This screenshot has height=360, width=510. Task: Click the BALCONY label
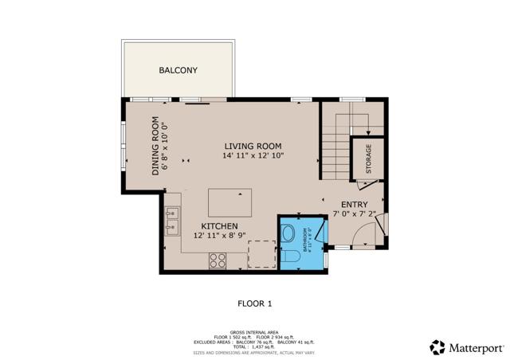click(x=178, y=71)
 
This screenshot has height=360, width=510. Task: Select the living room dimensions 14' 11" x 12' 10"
click(x=253, y=156)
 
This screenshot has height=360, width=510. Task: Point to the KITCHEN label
click(x=220, y=227)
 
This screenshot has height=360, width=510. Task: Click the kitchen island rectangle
click(x=229, y=202)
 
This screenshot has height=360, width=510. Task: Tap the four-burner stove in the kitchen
click(x=218, y=259)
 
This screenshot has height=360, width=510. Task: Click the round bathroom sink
click(x=288, y=233)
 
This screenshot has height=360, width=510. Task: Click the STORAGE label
click(x=368, y=158)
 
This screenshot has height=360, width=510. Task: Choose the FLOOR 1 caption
click(x=255, y=303)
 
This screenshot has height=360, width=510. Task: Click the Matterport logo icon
click(x=437, y=347)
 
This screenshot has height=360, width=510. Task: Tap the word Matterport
click(x=476, y=348)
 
